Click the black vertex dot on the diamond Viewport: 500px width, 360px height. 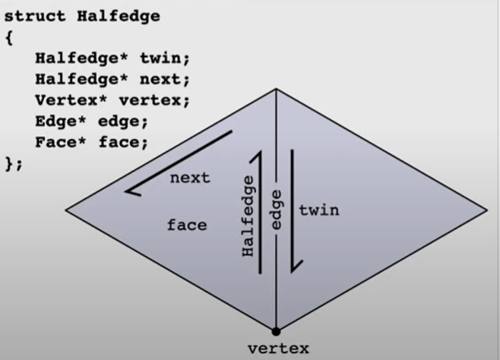tap(276, 330)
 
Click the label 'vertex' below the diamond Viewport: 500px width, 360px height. tap(279, 349)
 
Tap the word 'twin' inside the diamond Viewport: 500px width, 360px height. tap(318, 210)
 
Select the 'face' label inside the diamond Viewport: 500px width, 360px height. tap(187, 225)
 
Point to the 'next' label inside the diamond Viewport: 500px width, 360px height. tap(190, 178)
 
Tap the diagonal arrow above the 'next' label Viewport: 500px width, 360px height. tap(179, 162)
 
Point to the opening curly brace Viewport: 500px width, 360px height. tap(9, 37)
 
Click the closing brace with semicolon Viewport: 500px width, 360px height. tap(14, 163)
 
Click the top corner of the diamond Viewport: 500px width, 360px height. tap(277, 89)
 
